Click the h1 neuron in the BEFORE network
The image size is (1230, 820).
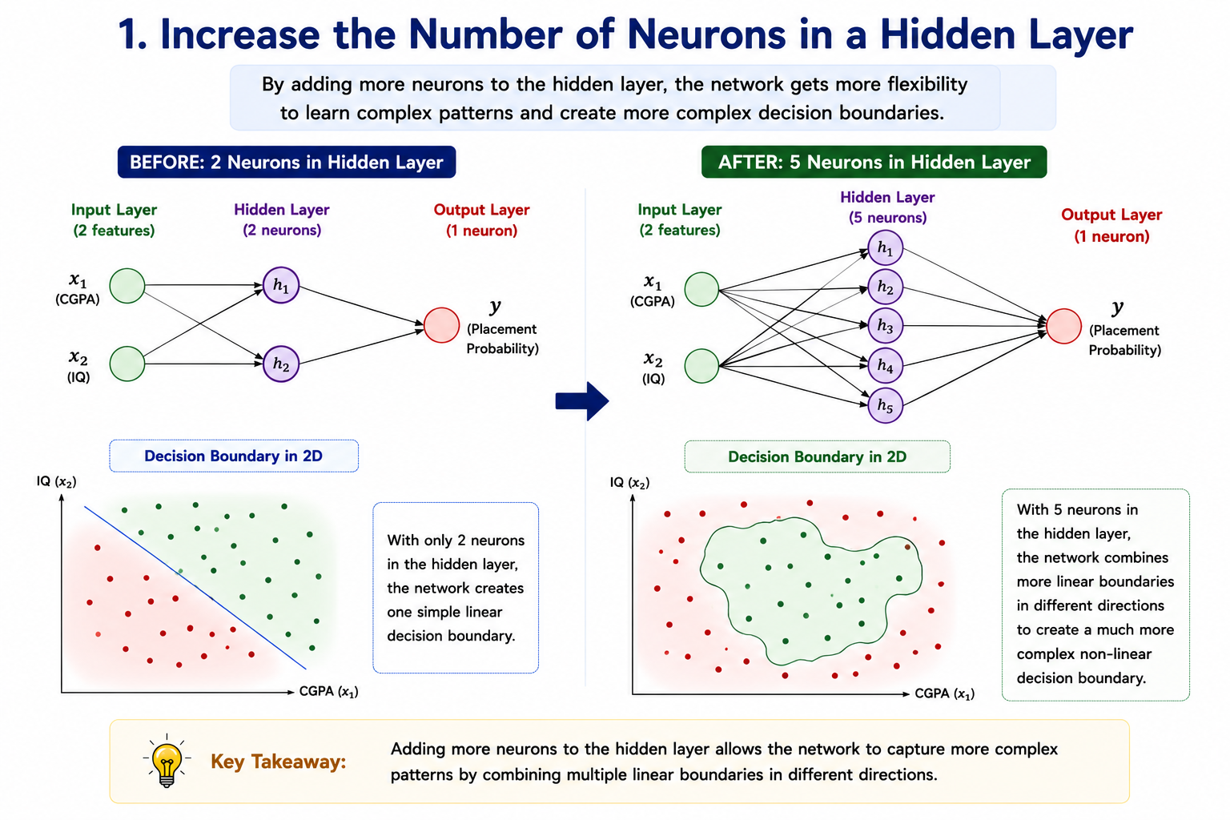coord(280,285)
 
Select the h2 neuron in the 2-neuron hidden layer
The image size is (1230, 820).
coord(280,364)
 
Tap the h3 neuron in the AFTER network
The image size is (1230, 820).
coord(885,326)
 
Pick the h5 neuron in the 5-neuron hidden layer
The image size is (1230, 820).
coord(885,405)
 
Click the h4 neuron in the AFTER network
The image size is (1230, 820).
coord(885,365)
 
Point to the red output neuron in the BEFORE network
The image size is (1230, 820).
coord(441,325)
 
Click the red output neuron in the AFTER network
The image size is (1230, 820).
coord(1063,326)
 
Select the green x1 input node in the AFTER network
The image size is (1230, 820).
coord(701,289)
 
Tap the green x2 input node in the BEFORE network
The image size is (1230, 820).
coord(127,364)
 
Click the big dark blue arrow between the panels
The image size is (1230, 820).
coord(582,401)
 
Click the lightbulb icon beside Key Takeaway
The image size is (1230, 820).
coord(167,762)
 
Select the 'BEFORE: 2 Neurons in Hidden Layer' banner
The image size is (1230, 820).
coord(287,162)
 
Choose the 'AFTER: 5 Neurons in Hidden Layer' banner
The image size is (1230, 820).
coord(874,162)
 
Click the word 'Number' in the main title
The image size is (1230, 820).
coord(485,34)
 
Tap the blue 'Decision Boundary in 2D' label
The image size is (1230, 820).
coord(233,456)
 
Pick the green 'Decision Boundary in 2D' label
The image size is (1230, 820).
coord(817,456)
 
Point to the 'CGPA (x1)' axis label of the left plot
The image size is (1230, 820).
coord(328,692)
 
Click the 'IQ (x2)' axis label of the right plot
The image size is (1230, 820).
coord(630,483)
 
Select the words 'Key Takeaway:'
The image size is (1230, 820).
coord(279,762)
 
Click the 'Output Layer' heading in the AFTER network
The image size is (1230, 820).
coord(1111,214)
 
